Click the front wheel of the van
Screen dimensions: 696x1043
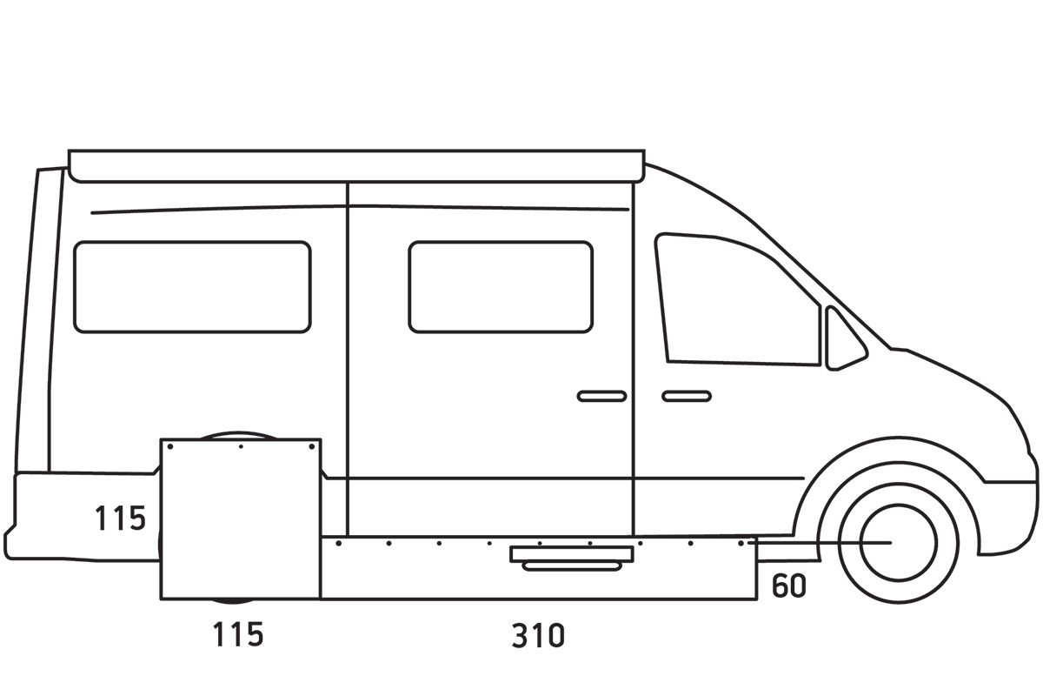[x=897, y=541]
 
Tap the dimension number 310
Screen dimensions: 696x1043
[x=538, y=636]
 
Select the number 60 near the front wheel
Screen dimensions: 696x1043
[x=788, y=586]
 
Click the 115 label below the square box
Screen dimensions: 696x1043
[x=238, y=634]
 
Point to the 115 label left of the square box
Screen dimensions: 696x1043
[x=120, y=519]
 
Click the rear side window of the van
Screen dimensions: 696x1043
[x=192, y=286]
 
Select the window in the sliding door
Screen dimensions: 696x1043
[x=501, y=286]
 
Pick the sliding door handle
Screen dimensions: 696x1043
[x=601, y=396]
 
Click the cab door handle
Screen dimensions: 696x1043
[x=687, y=396]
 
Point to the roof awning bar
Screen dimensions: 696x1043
[x=356, y=165]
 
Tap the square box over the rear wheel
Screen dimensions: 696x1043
[x=241, y=519]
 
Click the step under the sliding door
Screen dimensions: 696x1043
[x=571, y=557]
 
